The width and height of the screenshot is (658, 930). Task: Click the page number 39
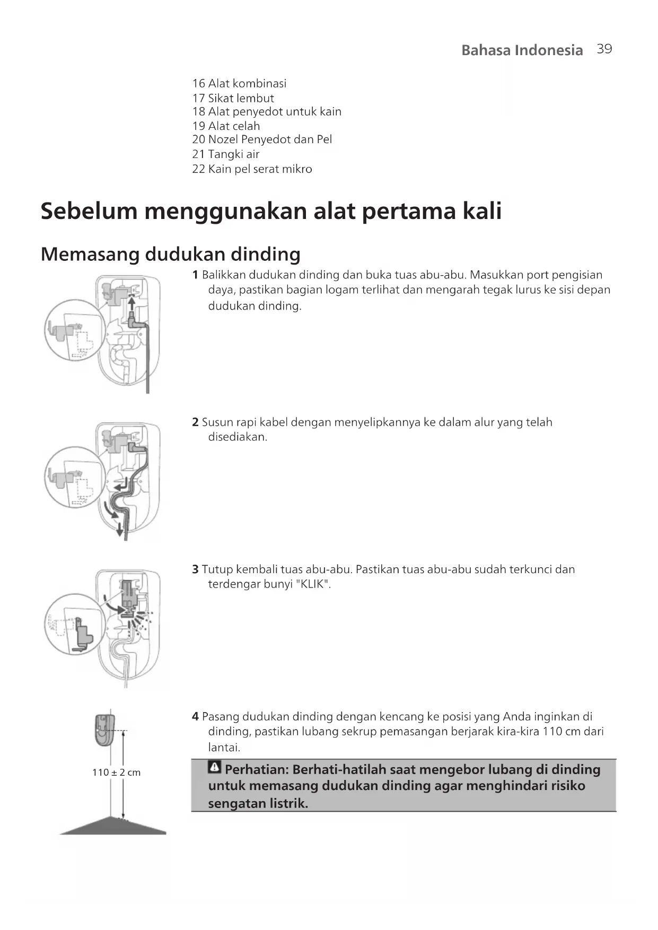(x=604, y=49)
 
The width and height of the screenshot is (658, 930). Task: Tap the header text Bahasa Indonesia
(x=522, y=50)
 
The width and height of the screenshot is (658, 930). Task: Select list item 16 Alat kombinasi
(x=239, y=84)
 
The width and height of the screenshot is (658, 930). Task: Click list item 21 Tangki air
(x=226, y=154)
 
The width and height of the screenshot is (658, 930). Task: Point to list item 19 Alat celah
(x=226, y=126)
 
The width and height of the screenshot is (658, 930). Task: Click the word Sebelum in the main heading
(x=89, y=211)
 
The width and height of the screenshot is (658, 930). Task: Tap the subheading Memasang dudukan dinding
(x=170, y=255)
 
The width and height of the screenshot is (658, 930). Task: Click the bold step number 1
(x=195, y=275)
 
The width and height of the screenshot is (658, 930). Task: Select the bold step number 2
(x=195, y=423)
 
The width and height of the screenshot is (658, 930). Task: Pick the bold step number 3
(x=195, y=569)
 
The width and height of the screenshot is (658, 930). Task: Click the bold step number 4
(x=195, y=717)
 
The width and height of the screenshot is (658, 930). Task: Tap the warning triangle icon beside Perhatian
(x=215, y=767)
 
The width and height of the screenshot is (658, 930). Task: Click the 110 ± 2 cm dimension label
(x=117, y=773)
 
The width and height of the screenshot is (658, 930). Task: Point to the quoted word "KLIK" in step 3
(x=315, y=584)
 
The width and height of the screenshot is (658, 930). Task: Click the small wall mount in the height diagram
(x=104, y=729)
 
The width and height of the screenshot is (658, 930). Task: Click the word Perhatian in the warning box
(x=256, y=769)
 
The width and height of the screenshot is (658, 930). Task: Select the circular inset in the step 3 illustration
(x=73, y=625)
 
